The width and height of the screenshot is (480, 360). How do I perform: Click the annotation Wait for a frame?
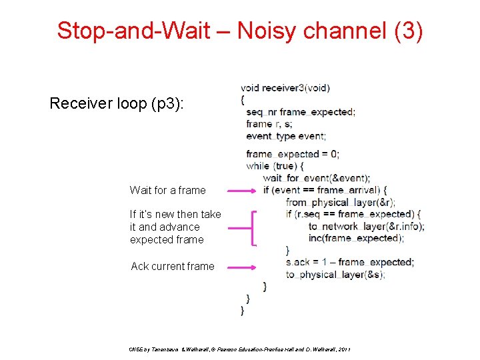pos(167,190)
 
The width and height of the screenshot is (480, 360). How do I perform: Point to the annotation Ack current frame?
pos(173,266)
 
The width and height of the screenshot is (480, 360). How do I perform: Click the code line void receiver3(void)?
pos(285,87)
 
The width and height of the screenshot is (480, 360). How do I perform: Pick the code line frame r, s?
pos(269,124)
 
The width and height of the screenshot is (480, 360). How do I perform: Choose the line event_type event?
pos(285,136)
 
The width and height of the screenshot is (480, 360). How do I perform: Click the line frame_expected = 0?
pos(292,154)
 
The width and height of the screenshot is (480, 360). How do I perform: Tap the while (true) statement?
pos(275,166)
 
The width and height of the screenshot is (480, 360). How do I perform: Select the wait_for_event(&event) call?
pos(316,178)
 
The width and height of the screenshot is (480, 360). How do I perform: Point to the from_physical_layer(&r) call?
pos(340,202)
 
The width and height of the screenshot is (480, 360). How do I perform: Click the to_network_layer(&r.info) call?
pos(366,226)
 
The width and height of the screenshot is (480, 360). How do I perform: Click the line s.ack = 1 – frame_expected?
pos(349,262)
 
